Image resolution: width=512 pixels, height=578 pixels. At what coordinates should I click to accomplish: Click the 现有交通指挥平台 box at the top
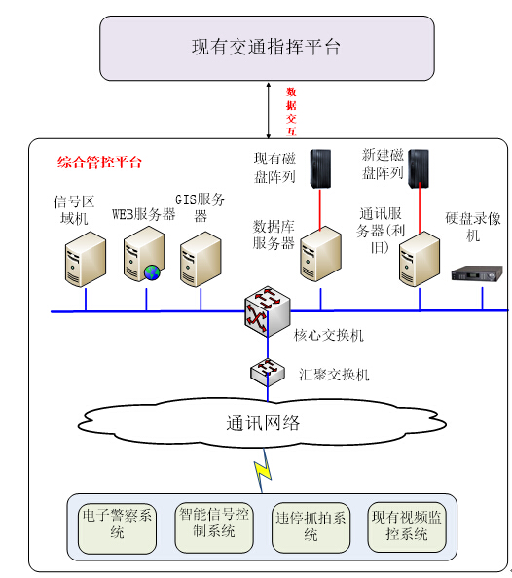click(x=267, y=48)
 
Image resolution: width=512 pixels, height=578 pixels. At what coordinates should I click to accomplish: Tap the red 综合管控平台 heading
click(x=99, y=163)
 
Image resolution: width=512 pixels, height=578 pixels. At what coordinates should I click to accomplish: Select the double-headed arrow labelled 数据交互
click(x=269, y=111)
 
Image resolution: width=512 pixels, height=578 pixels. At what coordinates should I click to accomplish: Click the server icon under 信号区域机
click(x=86, y=259)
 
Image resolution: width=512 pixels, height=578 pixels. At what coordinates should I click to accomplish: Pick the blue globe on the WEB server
click(x=152, y=272)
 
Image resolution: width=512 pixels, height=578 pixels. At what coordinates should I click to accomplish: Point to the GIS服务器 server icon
click(x=201, y=259)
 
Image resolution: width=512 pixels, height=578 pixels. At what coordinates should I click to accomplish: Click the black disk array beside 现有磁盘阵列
click(x=320, y=169)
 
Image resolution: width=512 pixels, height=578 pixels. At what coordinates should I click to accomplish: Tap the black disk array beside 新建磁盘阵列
click(x=420, y=169)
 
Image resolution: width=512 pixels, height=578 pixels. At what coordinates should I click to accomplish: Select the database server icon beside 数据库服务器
click(x=320, y=254)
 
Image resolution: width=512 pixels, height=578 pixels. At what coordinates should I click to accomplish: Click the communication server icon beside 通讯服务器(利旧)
click(x=420, y=259)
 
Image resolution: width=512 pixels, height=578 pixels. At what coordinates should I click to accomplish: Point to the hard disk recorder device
click(x=477, y=273)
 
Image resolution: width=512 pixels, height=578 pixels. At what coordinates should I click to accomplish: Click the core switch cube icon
click(x=268, y=311)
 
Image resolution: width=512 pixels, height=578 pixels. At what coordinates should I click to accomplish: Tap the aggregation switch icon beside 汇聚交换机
click(x=268, y=373)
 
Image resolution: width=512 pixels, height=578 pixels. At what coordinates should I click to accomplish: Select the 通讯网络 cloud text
click(x=263, y=423)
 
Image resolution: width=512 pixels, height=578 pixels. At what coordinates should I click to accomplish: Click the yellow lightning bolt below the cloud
click(x=263, y=471)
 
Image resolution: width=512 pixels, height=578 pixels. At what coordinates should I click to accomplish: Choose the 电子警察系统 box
click(x=117, y=528)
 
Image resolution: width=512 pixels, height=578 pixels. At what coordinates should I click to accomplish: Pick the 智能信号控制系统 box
click(x=214, y=527)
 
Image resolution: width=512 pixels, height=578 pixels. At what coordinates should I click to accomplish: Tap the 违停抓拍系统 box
click(x=311, y=527)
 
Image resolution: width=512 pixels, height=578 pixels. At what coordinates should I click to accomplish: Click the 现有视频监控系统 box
click(x=407, y=526)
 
